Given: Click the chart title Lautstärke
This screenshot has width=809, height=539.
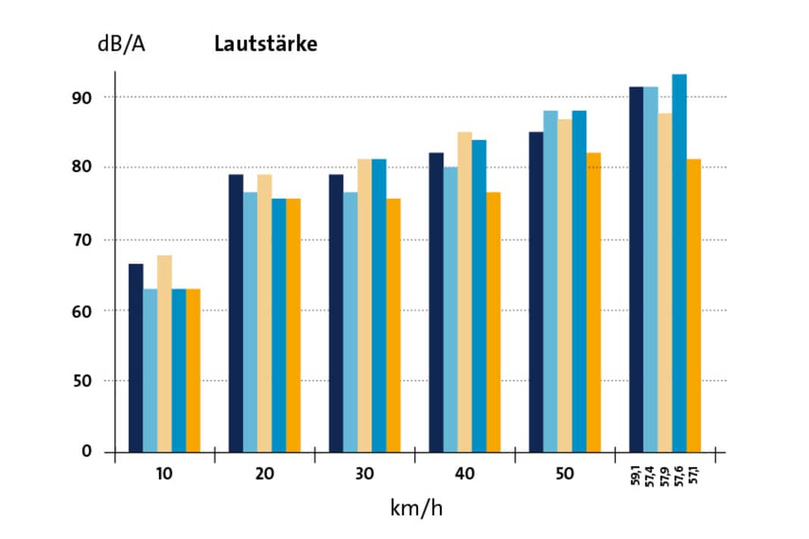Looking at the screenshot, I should click(x=265, y=44).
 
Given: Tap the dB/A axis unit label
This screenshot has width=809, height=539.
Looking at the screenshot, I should click(x=121, y=44).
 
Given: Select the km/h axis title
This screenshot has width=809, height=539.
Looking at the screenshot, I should click(x=416, y=506).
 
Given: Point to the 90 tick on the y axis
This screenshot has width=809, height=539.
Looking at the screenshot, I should click(x=81, y=98).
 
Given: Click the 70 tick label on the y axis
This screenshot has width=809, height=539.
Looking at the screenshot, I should click(x=81, y=240).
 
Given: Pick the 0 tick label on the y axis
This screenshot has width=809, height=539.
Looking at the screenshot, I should click(x=86, y=452).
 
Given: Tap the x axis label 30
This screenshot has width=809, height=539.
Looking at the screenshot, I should click(x=364, y=475).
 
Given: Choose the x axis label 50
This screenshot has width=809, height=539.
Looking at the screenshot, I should click(x=564, y=475).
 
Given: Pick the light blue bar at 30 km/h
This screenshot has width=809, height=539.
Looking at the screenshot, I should click(x=350, y=322).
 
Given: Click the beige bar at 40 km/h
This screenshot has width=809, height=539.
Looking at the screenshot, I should click(x=464, y=291).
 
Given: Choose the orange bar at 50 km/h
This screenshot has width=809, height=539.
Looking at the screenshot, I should click(x=593, y=302).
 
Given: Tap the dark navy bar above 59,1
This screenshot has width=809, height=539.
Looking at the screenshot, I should click(x=636, y=269).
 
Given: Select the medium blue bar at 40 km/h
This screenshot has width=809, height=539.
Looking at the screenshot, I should click(x=479, y=295).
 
